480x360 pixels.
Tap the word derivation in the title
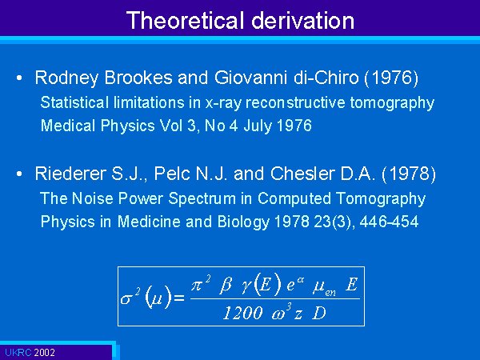click(302, 20)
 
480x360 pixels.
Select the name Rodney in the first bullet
click(66, 78)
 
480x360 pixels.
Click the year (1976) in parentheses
click(391, 78)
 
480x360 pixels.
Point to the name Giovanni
click(250, 78)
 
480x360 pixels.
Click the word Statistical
click(74, 102)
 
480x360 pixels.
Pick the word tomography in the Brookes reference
click(392, 103)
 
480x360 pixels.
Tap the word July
click(258, 126)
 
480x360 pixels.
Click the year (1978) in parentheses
click(409, 174)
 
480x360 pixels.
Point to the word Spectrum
click(202, 199)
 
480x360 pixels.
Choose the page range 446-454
click(389, 222)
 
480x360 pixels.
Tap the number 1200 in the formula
click(242, 313)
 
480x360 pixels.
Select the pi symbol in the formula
click(198, 286)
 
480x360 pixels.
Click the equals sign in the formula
click(179, 298)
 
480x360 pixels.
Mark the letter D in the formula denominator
click(318, 313)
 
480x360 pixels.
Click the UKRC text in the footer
click(18, 353)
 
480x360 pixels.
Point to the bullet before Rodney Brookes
click(19, 78)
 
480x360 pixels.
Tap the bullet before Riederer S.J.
click(19, 174)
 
